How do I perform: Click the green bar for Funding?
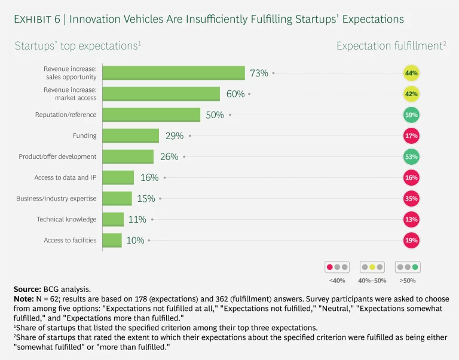(x=130, y=136)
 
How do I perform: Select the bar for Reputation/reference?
(x=151, y=115)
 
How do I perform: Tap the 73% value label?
(x=259, y=73)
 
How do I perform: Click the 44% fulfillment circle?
(x=411, y=73)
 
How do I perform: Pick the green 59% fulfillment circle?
(x=411, y=115)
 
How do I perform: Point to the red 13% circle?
(x=411, y=219)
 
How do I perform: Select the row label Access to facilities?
(x=70, y=240)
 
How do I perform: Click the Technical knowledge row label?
(x=66, y=219)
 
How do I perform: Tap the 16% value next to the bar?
(x=149, y=177)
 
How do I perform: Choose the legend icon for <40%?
(x=336, y=267)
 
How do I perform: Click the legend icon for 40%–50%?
(x=372, y=267)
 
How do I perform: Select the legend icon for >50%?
(x=407, y=267)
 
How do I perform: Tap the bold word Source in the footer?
(x=27, y=288)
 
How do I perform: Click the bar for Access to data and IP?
(x=118, y=177)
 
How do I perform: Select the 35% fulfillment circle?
(x=411, y=198)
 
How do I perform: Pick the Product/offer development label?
(x=57, y=156)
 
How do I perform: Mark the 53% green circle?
(x=411, y=156)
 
